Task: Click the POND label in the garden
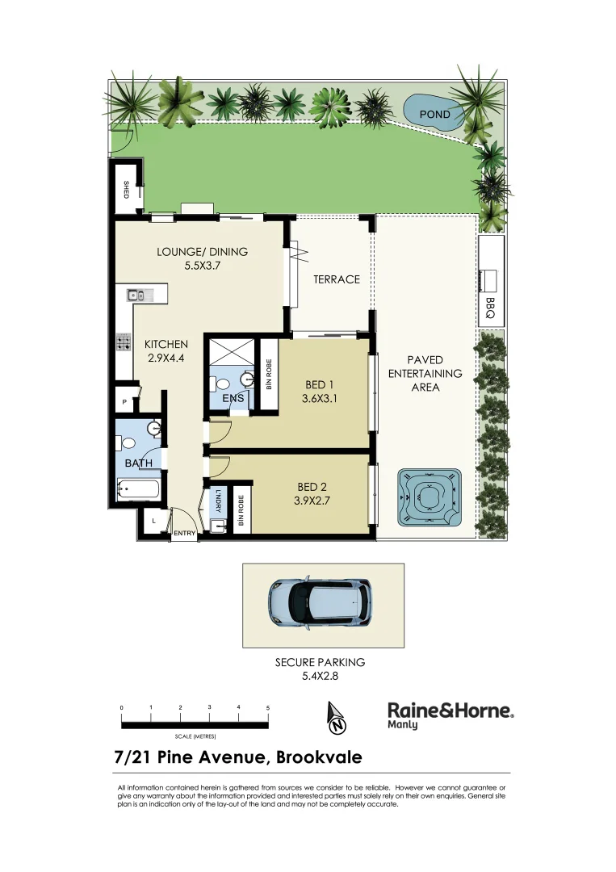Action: pyautogui.click(x=435, y=115)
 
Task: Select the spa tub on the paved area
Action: pyautogui.click(x=429, y=495)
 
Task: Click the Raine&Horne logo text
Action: pyautogui.click(x=450, y=711)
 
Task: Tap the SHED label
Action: pyautogui.click(x=126, y=190)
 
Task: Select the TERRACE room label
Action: pyautogui.click(x=337, y=279)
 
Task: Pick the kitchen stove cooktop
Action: pyautogui.click(x=124, y=342)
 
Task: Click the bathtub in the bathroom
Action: pyautogui.click(x=138, y=488)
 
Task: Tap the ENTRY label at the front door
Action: pyautogui.click(x=184, y=534)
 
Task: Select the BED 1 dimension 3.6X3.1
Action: pyautogui.click(x=320, y=397)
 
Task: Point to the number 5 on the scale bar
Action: pyautogui.click(x=267, y=707)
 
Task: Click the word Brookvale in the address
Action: pyautogui.click(x=319, y=757)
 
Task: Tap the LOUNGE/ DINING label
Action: pyautogui.click(x=202, y=251)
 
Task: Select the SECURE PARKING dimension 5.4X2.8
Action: pyautogui.click(x=320, y=677)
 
